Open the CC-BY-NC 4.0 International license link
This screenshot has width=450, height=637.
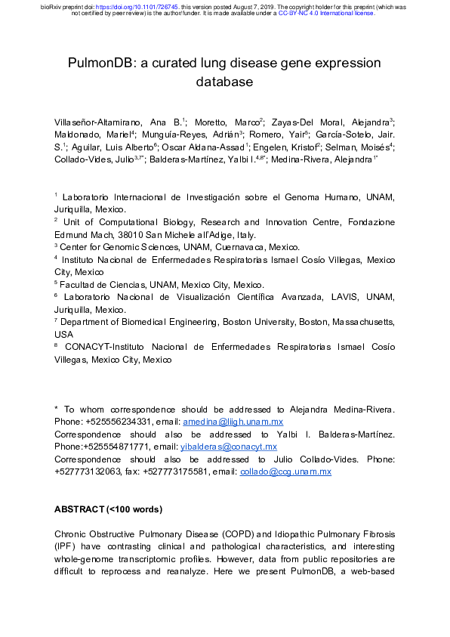point(326,13)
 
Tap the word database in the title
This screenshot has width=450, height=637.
point(225,81)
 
